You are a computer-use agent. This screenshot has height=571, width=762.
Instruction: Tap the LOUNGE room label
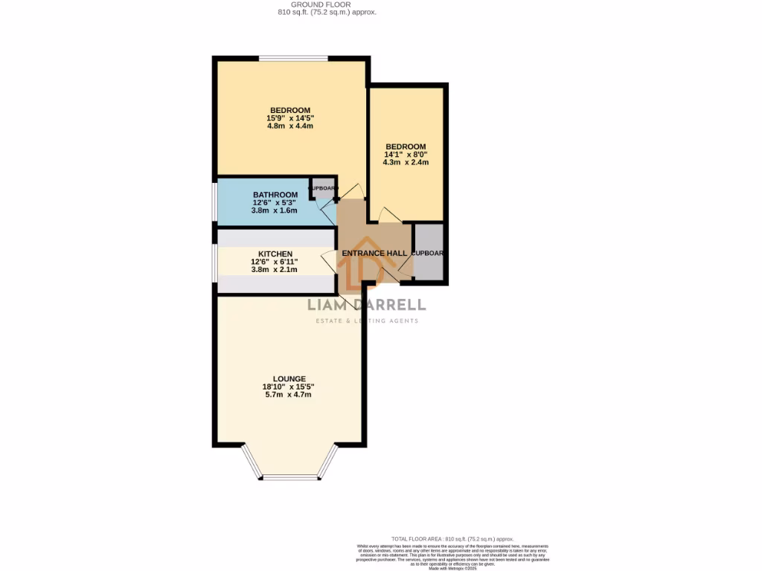[x=289, y=378]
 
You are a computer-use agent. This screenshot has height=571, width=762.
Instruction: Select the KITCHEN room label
[x=275, y=254]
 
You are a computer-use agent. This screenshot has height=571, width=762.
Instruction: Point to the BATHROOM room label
[x=275, y=195]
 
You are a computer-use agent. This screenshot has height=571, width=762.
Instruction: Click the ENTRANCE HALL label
[x=374, y=254]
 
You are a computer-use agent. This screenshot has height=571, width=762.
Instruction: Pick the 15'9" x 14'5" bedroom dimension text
[x=289, y=118]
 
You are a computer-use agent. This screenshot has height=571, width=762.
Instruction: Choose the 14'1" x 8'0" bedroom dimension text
[x=406, y=155]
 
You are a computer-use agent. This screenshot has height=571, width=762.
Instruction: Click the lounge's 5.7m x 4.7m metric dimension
[x=289, y=395]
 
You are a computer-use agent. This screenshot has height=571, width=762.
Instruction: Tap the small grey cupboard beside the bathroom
[x=323, y=188]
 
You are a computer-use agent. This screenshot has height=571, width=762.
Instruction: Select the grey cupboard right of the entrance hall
[x=429, y=253]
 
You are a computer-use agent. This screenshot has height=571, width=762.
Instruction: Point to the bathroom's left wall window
[x=215, y=201]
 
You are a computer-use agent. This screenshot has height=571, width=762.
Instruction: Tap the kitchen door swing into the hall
[x=328, y=262]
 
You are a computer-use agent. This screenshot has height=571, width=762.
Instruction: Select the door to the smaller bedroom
[x=389, y=215]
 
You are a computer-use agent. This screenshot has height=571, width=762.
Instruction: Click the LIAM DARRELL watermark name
[x=367, y=304]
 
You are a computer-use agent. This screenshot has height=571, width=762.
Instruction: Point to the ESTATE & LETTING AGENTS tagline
[x=363, y=321]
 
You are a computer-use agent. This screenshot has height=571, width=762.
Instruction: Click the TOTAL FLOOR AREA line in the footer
[x=452, y=539]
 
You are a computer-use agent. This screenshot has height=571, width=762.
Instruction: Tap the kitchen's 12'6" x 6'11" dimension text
[x=275, y=262]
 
